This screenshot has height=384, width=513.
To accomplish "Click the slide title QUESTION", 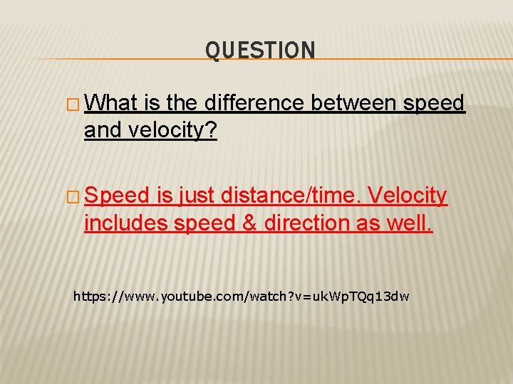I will (x=260, y=50).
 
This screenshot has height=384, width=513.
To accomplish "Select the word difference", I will (x=255, y=104).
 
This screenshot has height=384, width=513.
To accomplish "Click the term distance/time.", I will (x=294, y=196).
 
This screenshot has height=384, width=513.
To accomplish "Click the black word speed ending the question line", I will (x=434, y=104).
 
